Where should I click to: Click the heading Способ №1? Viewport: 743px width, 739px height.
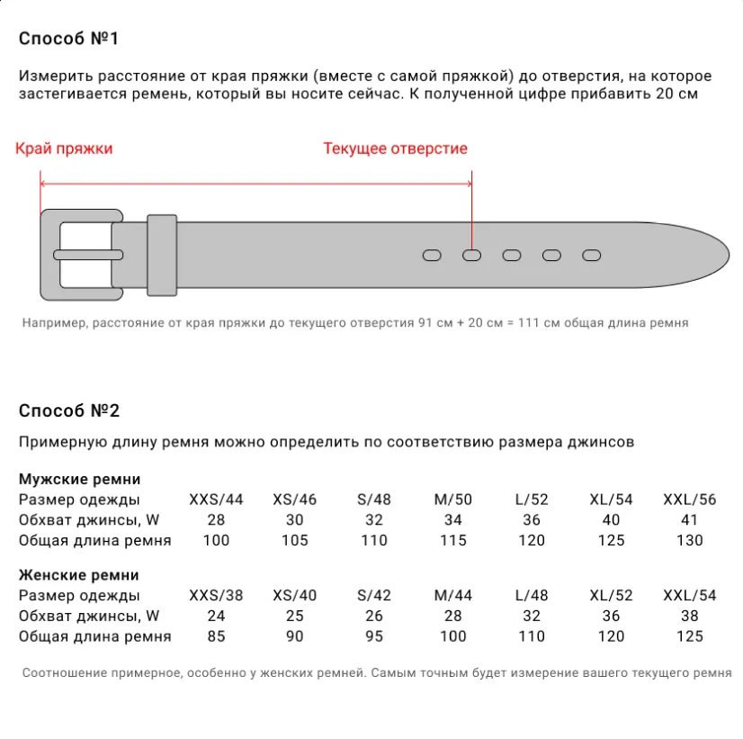[x=68, y=39]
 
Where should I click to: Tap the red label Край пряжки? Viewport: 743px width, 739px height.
[x=64, y=149]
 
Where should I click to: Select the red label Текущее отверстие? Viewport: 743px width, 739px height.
[x=395, y=149]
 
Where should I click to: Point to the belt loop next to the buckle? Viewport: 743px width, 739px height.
[x=162, y=255]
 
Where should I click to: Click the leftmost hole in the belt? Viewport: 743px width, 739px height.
[x=432, y=256]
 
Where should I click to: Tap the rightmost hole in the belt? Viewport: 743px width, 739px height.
[x=591, y=256]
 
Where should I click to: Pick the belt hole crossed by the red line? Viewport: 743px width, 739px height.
[x=472, y=256]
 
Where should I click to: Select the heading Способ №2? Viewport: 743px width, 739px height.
[x=69, y=410]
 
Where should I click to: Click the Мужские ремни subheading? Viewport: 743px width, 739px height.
[x=79, y=479]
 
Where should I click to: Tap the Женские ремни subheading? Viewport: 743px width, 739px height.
[x=79, y=575]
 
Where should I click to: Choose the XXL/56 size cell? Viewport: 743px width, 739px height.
[x=689, y=500]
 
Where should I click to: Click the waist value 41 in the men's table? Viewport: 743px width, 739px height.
[x=690, y=520]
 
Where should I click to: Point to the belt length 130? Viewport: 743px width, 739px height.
[x=690, y=540]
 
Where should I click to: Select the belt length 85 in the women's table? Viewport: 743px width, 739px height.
[x=216, y=636]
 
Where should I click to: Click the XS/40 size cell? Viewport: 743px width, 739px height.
[x=294, y=596]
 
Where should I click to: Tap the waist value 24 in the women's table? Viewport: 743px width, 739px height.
[x=216, y=617]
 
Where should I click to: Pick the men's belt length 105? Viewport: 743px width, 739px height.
[x=294, y=540]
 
